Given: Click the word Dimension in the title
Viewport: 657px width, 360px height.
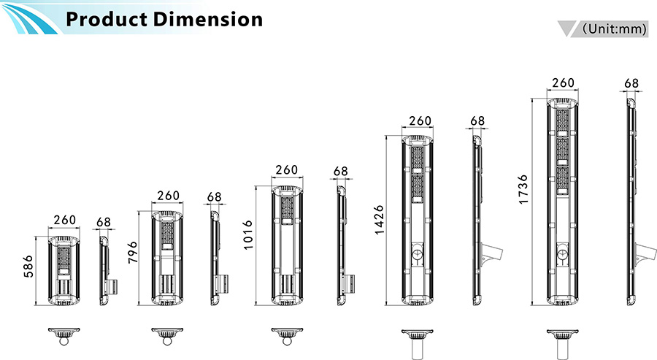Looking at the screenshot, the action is pos(207,19).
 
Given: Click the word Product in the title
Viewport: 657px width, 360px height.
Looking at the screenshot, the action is pos(107,19).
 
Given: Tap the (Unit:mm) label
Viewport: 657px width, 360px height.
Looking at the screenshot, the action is pos(615,28).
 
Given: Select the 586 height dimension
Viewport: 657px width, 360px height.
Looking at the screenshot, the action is pos(28,266).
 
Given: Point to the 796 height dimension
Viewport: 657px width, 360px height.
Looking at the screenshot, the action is pos(132,252).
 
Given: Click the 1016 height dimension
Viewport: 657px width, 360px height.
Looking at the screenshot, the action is pos(248,234).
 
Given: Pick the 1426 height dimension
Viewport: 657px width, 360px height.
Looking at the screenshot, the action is pos(378,220).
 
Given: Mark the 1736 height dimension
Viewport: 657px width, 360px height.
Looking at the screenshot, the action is pos(523,189).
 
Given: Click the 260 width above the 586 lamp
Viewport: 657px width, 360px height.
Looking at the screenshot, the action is pos(64,220).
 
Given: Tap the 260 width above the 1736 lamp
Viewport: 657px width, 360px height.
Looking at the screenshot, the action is pos(563,83).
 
